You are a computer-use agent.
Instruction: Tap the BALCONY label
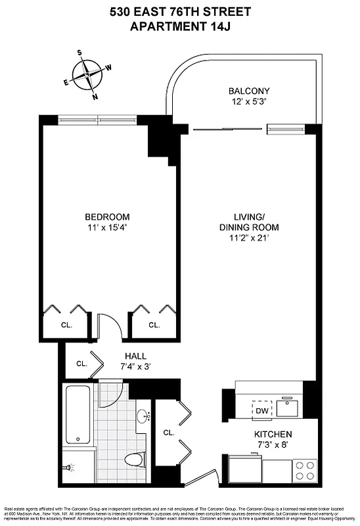coord(249,91)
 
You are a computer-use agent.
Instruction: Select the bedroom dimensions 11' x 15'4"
coord(106,227)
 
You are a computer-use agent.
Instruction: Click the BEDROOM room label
coord(106,216)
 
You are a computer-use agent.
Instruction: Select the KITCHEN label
coord(273,435)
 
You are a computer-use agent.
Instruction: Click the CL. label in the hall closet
coord(81,363)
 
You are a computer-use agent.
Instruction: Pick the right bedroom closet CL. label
coord(154,325)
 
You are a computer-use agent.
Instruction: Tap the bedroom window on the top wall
coord(97,120)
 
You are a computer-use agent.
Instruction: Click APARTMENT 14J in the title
coord(179,26)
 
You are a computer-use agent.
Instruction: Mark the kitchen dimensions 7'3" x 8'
coord(273,446)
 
